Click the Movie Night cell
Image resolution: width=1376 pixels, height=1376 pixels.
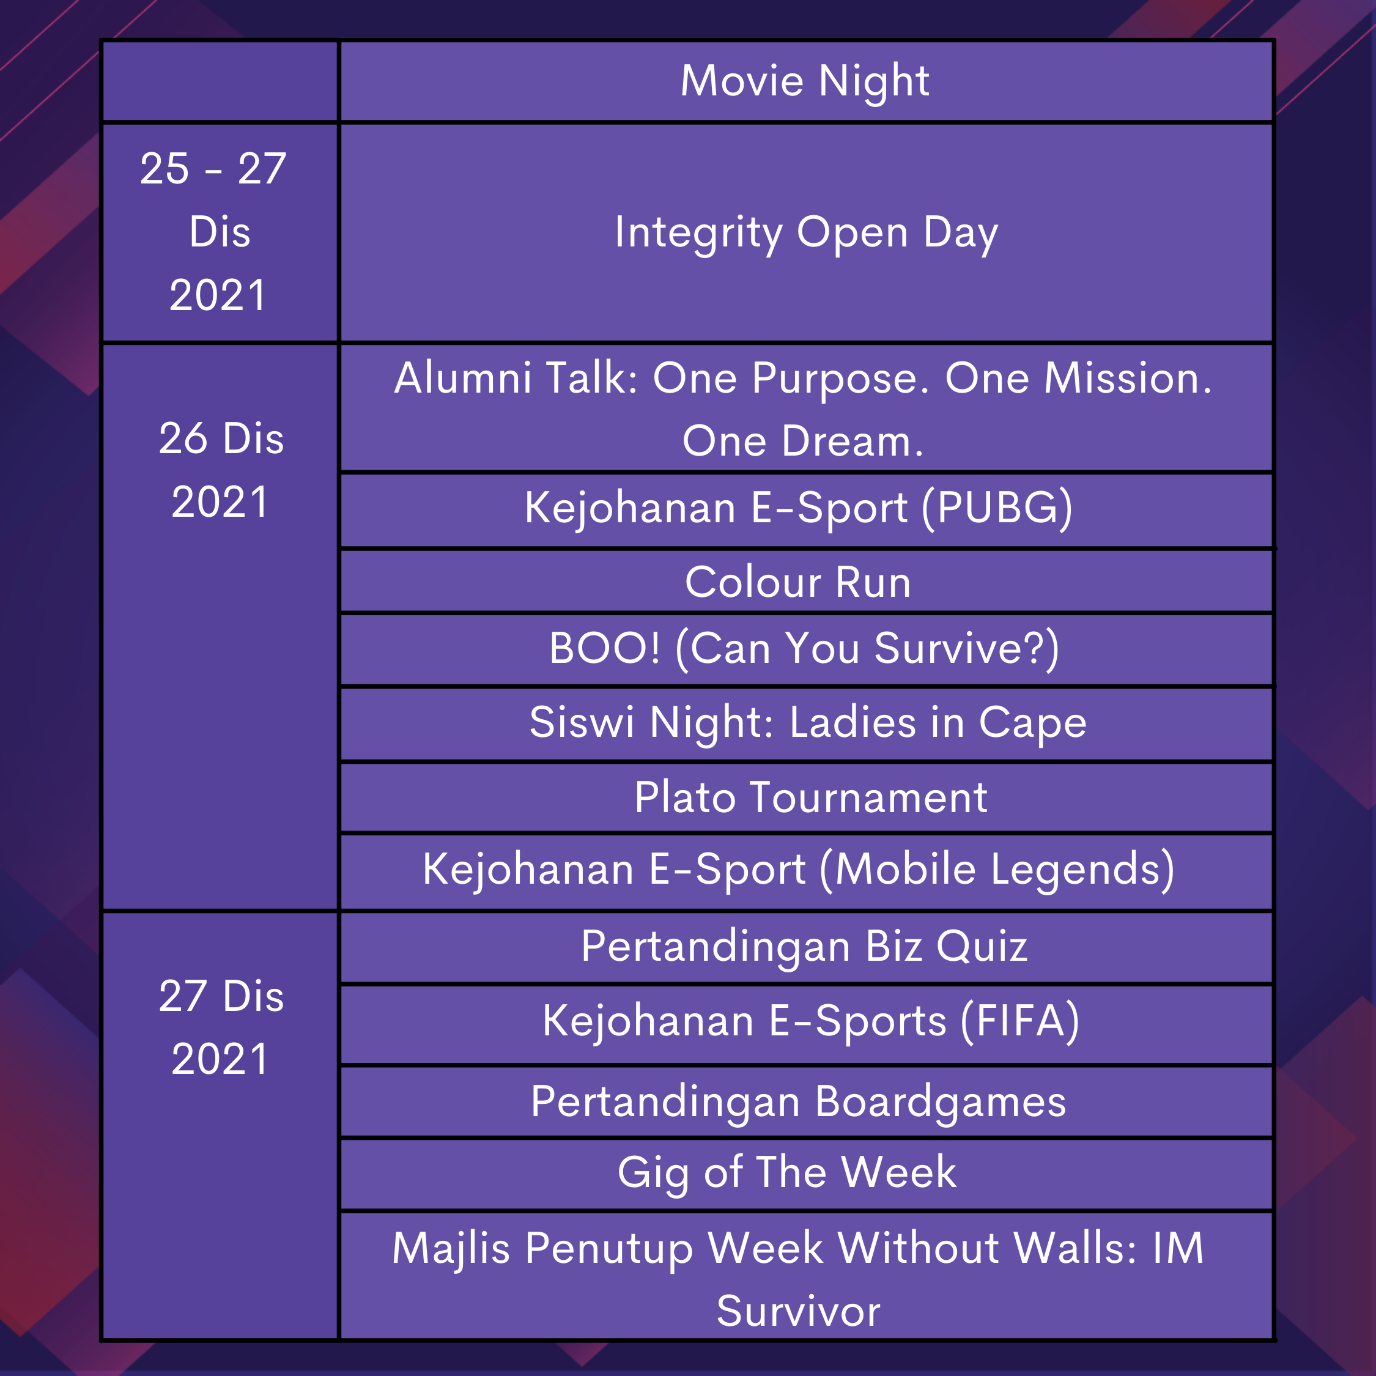point(806,81)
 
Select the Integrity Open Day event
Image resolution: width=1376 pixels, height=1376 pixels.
point(806,233)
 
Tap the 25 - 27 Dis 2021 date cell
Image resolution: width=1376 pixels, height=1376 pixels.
point(220,233)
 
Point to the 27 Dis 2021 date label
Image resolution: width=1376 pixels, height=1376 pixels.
point(221,1026)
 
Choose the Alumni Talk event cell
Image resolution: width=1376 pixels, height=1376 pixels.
point(806,408)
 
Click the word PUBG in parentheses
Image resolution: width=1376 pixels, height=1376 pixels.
point(997,508)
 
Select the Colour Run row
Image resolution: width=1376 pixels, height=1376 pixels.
point(806,581)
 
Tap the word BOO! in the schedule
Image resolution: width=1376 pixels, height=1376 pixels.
point(605,648)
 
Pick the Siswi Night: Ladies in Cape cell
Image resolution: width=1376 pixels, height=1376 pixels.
point(806,723)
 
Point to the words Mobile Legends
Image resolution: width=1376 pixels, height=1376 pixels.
point(997,870)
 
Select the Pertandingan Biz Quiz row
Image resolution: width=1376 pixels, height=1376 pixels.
point(806,947)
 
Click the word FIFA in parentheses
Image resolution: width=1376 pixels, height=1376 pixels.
point(1020,1021)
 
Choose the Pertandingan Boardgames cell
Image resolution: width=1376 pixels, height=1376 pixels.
point(806,1101)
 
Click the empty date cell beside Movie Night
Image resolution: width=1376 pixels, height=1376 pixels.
point(220,81)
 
